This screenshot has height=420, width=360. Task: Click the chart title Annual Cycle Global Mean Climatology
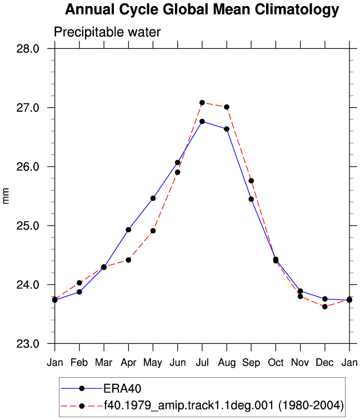pyautogui.click(x=202, y=10)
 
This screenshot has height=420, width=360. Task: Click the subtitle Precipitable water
pyautogui.click(x=107, y=32)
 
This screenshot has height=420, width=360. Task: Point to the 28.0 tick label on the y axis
pyautogui.click(x=28, y=49)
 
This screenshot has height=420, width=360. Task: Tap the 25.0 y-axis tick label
pyautogui.click(x=28, y=226)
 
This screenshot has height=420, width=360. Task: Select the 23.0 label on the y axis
pyautogui.click(x=28, y=343)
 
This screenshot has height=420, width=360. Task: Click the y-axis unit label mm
pyautogui.click(x=6, y=196)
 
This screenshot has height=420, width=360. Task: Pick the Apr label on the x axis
pyautogui.click(x=128, y=363)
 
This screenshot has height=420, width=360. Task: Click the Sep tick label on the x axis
pyautogui.click(x=251, y=363)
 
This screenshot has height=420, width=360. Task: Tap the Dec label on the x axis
pyautogui.click(x=324, y=363)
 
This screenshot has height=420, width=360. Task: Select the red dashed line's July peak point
pyautogui.click(x=202, y=103)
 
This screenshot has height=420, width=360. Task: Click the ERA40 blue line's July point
pyautogui.click(x=202, y=121)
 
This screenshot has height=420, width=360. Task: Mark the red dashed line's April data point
pyautogui.click(x=128, y=260)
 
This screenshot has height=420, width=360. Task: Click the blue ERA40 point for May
pyautogui.click(x=153, y=198)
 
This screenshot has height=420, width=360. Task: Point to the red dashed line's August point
pyautogui.click(x=227, y=107)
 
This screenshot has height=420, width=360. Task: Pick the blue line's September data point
pyautogui.click(x=251, y=199)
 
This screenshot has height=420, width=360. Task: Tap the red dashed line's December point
pyautogui.click(x=325, y=307)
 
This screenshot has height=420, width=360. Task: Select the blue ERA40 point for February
pyautogui.click(x=79, y=292)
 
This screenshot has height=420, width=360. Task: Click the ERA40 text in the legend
pyautogui.click(x=122, y=388)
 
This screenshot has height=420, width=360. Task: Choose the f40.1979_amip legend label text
pyautogui.click(x=224, y=405)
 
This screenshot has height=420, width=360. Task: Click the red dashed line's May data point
pyautogui.click(x=153, y=231)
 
